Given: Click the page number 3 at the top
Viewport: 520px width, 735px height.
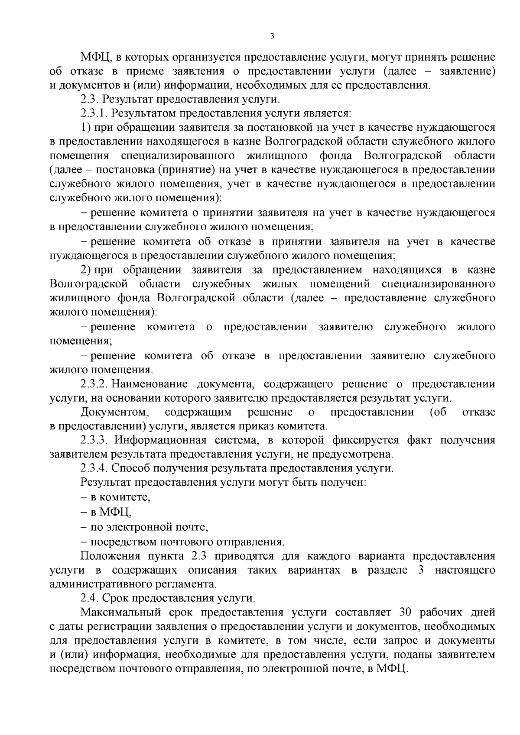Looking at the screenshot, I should tap(272, 36).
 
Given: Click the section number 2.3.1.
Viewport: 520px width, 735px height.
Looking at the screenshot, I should tap(94, 114).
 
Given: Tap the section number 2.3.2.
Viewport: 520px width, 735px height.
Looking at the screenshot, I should tap(94, 384).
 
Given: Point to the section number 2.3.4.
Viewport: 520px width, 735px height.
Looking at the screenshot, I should tap(94, 468).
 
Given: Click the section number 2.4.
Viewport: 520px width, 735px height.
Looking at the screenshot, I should tap(90, 598).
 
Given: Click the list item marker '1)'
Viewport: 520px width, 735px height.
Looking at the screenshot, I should tap(85, 128).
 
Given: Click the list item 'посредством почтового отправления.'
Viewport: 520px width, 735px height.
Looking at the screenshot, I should tap(187, 542).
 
